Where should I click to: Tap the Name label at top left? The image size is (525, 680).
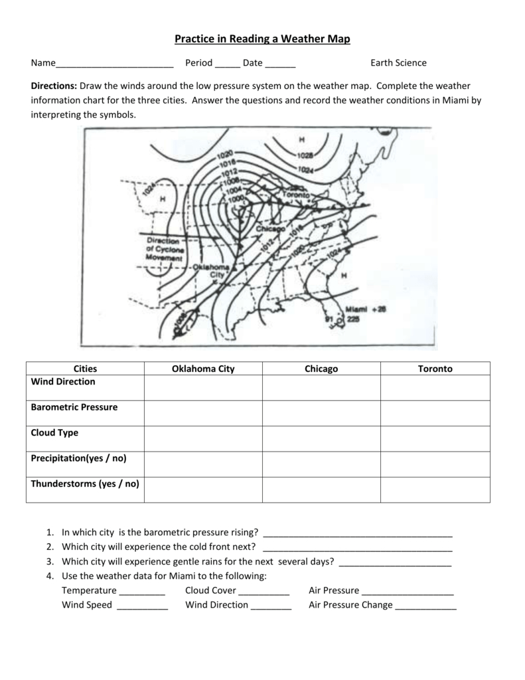43,63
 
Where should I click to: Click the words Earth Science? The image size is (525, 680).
398,63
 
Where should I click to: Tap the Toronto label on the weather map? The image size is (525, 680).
297,195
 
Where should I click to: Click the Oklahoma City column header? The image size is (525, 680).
203,369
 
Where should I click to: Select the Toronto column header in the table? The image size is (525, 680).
435,369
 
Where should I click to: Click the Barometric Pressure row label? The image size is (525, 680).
74,407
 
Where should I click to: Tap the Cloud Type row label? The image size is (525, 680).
54,433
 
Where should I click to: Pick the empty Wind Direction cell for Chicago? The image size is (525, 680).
321,388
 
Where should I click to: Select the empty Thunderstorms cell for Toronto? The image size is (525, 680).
435,490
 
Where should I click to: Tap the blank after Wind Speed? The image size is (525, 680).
142,606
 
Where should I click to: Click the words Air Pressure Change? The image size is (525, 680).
350,605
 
